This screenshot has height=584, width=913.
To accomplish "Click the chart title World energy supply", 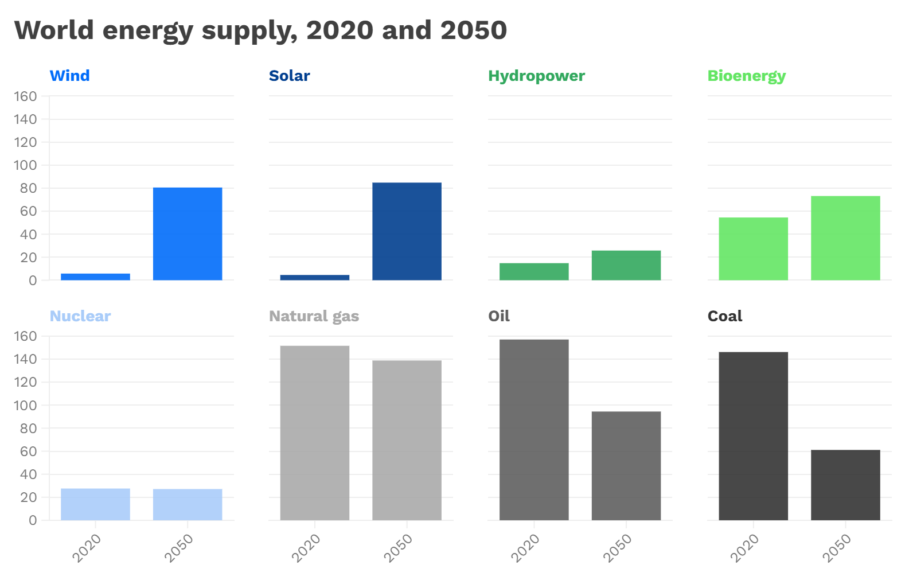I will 260,30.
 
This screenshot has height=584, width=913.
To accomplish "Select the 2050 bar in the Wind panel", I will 188,233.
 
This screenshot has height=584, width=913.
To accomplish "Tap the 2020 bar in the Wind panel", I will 95,277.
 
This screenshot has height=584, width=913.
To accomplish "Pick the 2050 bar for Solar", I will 407,231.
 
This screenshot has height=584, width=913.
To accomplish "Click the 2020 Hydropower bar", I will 534,271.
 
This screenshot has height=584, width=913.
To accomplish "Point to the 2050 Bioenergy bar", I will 845,238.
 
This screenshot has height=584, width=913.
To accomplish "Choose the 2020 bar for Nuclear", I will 95,504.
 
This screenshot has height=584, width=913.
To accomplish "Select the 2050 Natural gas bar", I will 407,440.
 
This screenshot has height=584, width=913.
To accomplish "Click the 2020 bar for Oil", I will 534,430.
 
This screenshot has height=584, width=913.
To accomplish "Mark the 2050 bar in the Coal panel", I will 845,485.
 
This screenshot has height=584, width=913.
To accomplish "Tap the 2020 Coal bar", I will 753,436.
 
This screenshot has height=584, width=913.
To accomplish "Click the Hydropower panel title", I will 536,76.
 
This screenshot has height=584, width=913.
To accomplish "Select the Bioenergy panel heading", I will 746,76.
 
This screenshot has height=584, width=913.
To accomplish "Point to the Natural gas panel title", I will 314,316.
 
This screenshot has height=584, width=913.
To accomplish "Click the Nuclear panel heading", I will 80,316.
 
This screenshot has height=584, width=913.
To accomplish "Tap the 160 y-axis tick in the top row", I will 25,96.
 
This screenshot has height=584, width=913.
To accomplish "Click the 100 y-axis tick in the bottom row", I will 25,406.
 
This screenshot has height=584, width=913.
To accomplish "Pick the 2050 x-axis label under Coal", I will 837,547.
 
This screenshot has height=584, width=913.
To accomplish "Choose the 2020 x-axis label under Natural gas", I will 306,547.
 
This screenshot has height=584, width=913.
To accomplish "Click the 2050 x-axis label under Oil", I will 617,547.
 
